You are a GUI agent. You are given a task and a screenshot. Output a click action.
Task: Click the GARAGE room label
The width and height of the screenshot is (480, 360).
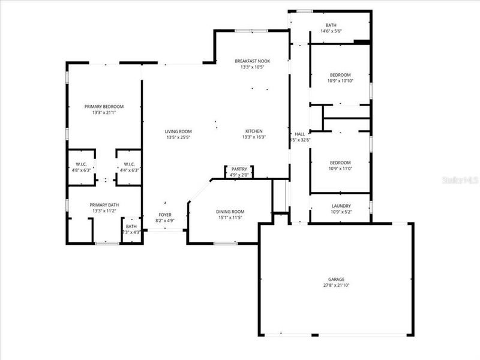pos(336,280)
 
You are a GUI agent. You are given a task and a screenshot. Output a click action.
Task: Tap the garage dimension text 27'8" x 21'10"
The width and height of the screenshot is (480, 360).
pos(336,286)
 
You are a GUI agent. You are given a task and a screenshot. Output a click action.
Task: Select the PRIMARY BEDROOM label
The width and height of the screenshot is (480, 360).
pos(104,106)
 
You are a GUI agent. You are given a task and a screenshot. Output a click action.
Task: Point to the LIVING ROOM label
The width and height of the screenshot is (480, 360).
pos(178,131)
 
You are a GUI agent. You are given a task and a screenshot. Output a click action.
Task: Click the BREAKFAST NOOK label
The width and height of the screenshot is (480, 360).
pos(252,61)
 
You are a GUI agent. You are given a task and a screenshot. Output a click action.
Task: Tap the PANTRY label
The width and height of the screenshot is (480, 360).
pos(239,170)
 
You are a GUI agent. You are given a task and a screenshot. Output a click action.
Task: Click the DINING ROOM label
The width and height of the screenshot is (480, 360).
pos(230,211)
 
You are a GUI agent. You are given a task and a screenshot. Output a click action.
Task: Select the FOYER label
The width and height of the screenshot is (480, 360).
pos(165,215)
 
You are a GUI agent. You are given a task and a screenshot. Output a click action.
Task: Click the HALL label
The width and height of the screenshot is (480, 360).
pos(299,134)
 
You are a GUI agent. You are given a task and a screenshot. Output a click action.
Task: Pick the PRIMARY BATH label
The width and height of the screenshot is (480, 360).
pos(104,205)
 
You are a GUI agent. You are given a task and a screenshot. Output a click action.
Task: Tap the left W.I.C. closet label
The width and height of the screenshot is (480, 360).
pos(82,164)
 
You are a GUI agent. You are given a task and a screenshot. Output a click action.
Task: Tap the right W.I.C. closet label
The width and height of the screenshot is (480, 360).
pos(130,164)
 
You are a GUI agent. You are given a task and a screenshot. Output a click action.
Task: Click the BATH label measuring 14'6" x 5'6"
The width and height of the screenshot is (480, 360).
pos(331,25)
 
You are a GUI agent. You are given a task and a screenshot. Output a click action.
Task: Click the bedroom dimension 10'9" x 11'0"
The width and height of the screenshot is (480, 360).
pos(340,169)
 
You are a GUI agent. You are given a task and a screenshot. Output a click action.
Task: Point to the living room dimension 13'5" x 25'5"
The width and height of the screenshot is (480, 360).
pos(178,137)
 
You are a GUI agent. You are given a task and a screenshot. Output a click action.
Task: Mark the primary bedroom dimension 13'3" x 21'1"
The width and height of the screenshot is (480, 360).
pos(104,112)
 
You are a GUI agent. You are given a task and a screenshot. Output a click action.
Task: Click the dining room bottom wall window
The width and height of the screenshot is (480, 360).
pos(224,243)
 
